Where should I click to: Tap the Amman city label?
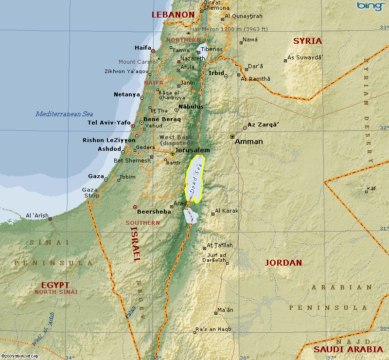tap(248, 142)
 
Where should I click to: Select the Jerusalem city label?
tap(193, 150)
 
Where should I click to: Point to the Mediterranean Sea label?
tap(64, 114)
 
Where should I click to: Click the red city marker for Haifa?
tap(153, 51)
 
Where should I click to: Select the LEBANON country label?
tap(173, 15)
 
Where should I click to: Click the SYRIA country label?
tap(307, 41)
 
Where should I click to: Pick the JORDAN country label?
tap(283, 263)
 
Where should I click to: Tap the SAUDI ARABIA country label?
tap(348, 349)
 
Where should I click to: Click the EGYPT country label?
tap(55, 285)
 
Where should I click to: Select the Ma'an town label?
tap(225, 310)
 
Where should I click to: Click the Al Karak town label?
tap(227, 211)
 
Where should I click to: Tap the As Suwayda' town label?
tap(305, 57)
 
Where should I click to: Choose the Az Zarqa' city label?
tap(263, 125)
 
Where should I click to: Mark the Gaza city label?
tap(96, 176)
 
